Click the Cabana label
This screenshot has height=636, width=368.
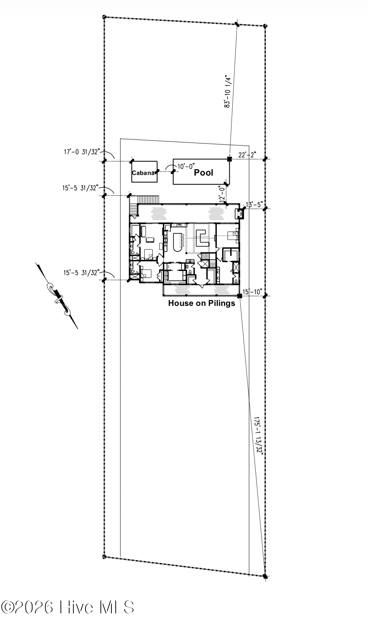(x=143, y=173)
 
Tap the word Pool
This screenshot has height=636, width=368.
(x=204, y=173)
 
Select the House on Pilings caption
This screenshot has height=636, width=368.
(x=201, y=303)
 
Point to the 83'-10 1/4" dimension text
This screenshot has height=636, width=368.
(x=227, y=91)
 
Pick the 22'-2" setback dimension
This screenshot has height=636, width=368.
(x=247, y=154)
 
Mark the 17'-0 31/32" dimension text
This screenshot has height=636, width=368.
(x=82, y=152)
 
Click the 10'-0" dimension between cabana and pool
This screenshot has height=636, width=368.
(x=186, y=166)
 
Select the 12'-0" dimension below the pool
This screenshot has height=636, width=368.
(x=223, y=193)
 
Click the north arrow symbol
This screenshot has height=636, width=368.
(x=57, y=296)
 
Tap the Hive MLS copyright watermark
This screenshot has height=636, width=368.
(x=68, y=607)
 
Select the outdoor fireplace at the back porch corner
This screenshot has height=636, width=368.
(x=240, y=214)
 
